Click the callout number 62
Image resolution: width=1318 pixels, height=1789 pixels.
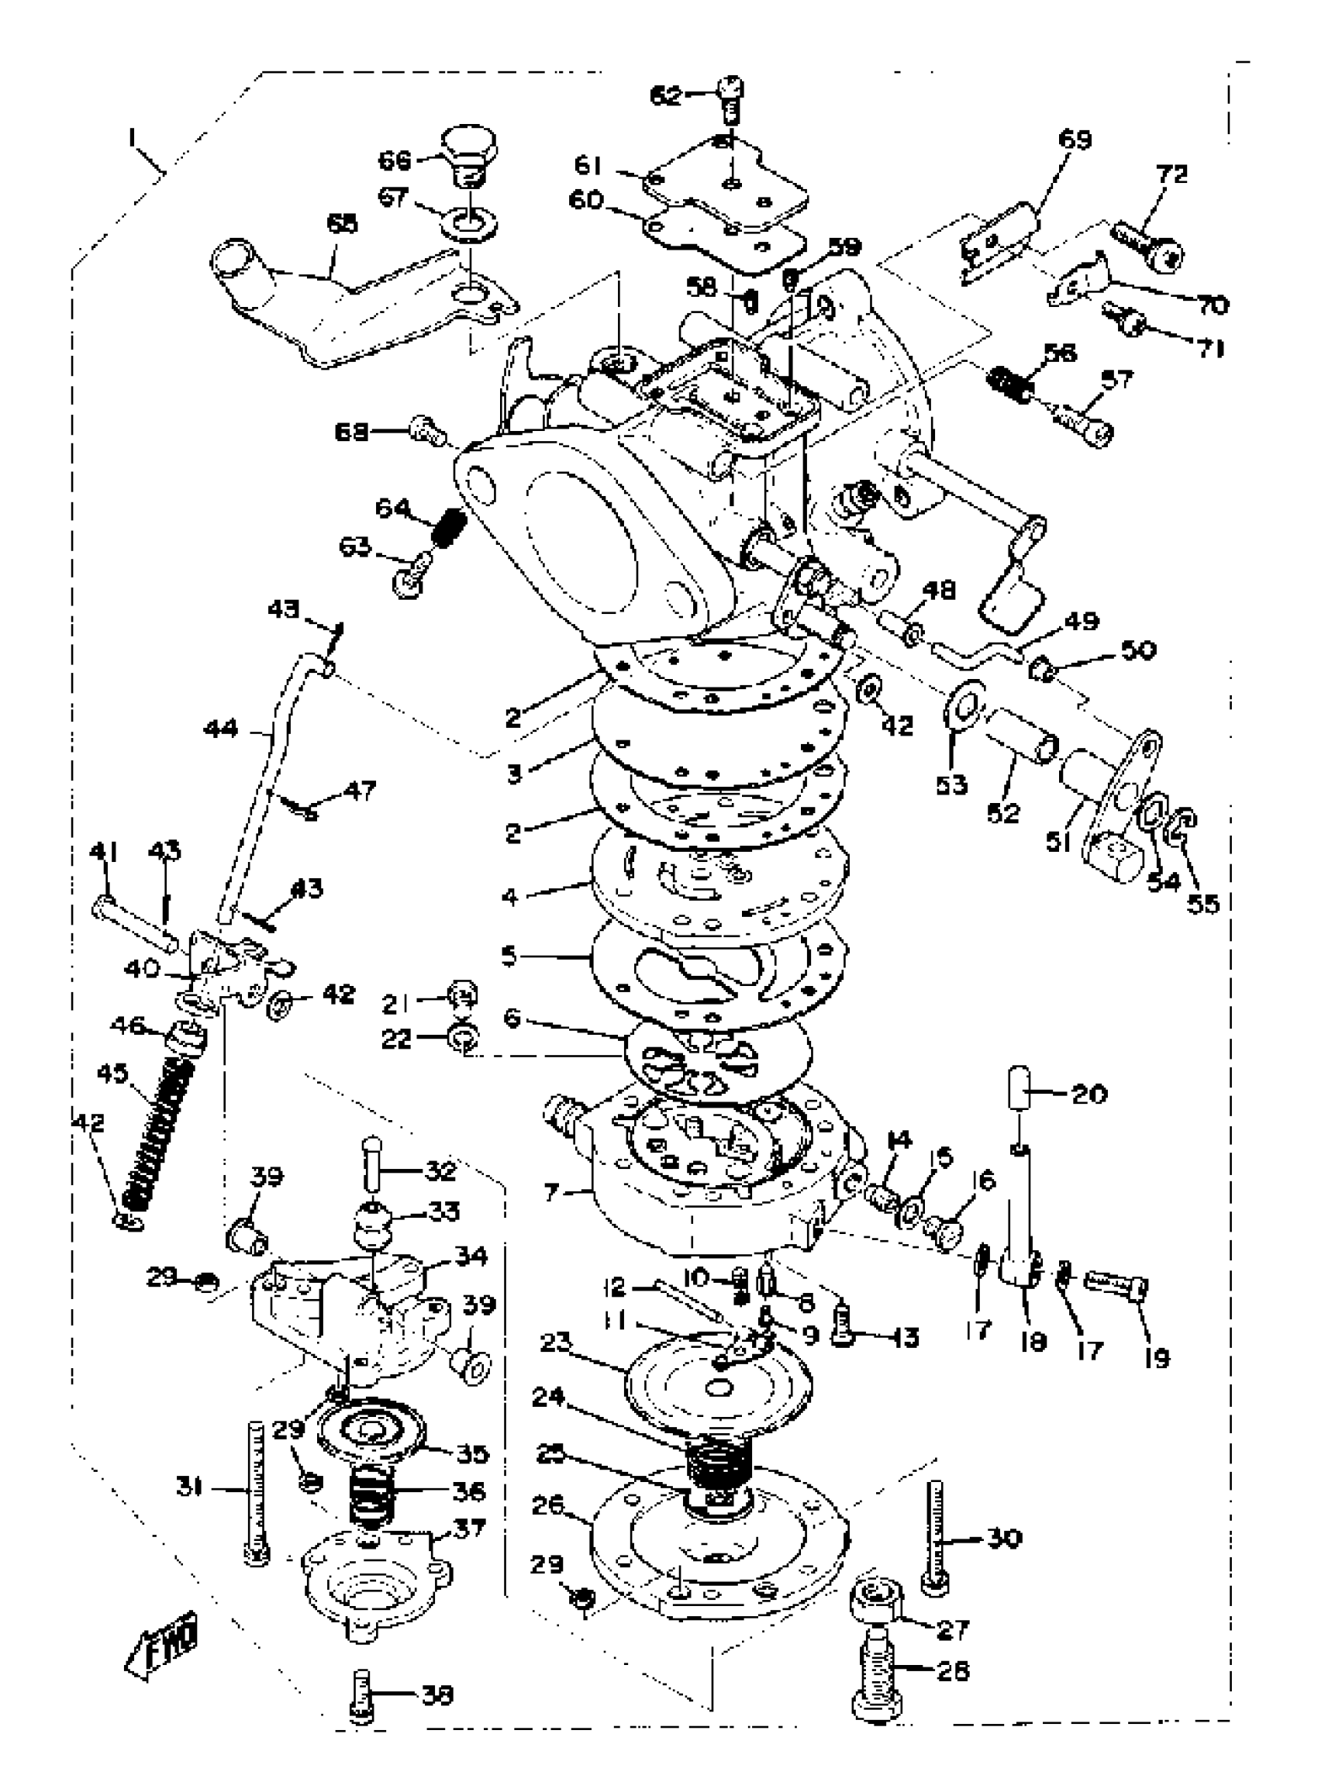(666, 97)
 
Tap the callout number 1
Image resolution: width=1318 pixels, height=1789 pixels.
(131, 140)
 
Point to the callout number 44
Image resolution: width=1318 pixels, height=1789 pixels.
(221, 727)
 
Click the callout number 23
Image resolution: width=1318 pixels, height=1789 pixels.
(564, 1343)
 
